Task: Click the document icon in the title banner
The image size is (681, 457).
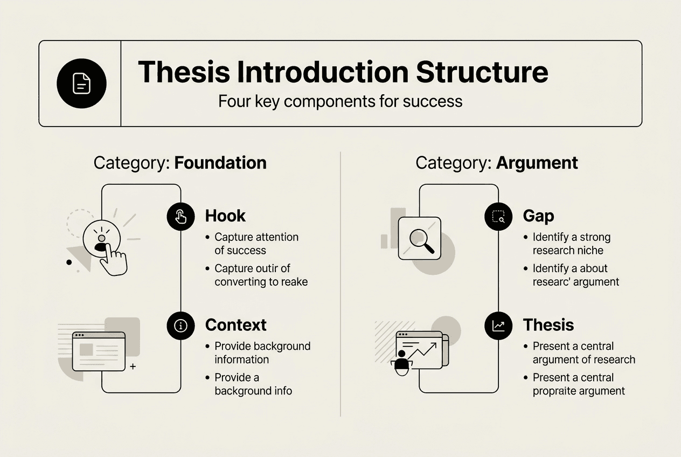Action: (x=81, y=84)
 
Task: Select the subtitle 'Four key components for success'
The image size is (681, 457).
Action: (x=340, y=101)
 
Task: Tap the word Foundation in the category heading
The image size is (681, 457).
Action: (x=220, y=163)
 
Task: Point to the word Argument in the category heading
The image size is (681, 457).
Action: (x=537, y=163)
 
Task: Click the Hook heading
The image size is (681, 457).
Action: (x=225, y=216)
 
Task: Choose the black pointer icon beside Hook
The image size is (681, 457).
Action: (x=180, y=217)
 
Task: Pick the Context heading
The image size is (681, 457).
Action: (x=235, y=325)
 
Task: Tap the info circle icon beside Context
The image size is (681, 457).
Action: (x=180, y=326)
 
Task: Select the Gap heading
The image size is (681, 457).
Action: (x=538, y=216)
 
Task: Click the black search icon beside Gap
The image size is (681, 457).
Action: (x=498, y=217)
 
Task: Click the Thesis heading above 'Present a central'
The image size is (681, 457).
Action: (x=548, y=325)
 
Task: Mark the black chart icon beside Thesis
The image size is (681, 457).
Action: (x=498, y=326)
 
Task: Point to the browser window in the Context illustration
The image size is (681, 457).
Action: (x=99, y=351)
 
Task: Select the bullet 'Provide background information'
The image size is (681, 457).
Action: (x=262, y=352)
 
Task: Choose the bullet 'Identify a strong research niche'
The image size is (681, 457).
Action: (x=571, y=244)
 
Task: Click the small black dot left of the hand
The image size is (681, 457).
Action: (x=69, y=262)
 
